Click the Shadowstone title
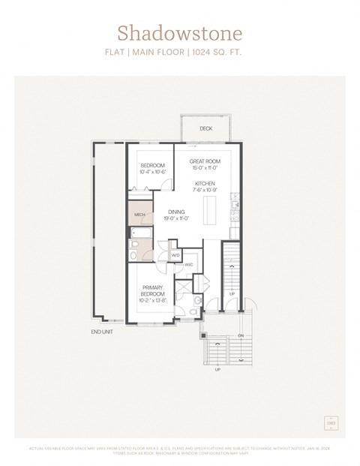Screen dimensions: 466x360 [x=179, y=33]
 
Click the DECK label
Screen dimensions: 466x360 [x=205, y=129]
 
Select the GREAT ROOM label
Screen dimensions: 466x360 [x=204, y=161]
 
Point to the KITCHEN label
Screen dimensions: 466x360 [x=205, y=183]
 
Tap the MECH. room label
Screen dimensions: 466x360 [x=139, y=215]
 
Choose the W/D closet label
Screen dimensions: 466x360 [x=175, y=255]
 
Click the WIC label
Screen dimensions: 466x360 [x=189, y=264]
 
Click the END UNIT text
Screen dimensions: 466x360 [x=102, y=331]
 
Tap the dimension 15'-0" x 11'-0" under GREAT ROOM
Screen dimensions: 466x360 [x=204, y=169]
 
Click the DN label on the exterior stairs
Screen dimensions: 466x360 [x=241, y=335]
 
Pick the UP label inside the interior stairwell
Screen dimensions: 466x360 [x=232, y=293]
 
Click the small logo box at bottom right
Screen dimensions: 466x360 [x=330, y=422]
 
